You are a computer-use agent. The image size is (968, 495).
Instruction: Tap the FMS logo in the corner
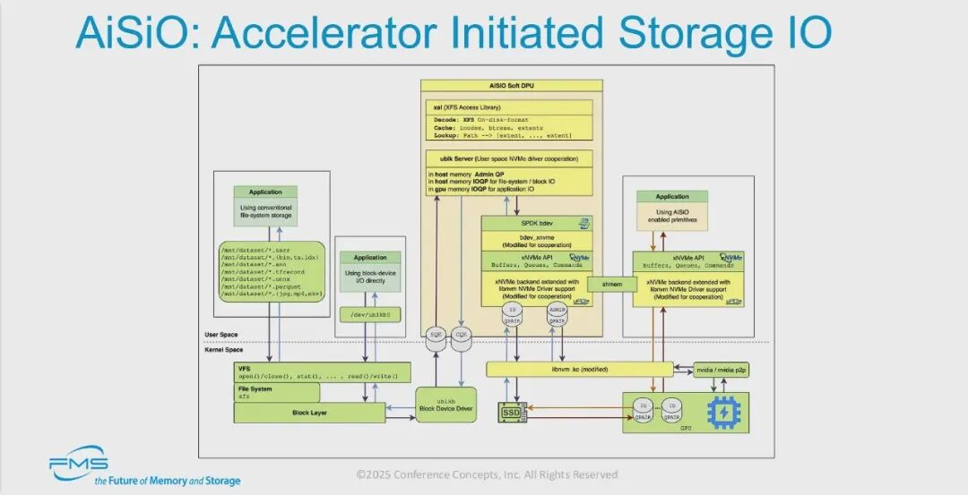79,464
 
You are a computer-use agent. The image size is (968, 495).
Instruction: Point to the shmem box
611,283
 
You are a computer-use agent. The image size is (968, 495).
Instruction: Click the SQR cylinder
438,338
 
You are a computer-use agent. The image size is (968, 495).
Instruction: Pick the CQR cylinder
463,338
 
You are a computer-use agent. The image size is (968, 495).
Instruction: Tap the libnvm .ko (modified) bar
578,369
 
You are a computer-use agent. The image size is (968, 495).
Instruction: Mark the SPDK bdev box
537,222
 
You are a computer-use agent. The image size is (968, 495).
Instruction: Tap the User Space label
221,334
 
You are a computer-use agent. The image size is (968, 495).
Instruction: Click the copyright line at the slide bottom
486,474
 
